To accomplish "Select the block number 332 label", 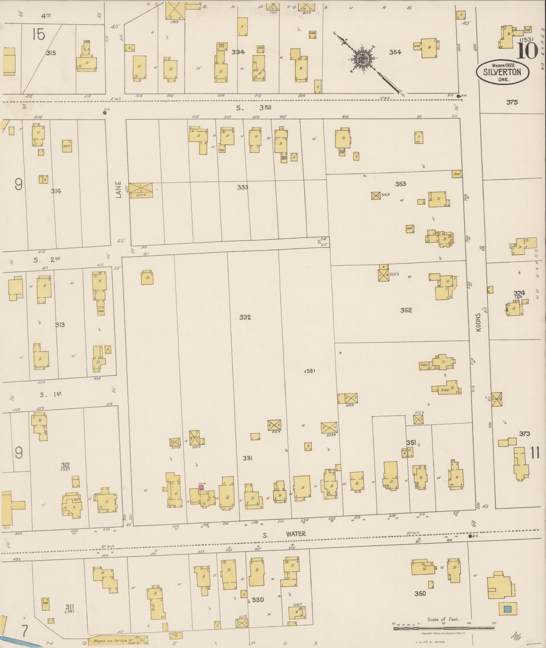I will [245, 317].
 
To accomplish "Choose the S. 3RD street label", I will [254, 108].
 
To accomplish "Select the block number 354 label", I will [395, 52].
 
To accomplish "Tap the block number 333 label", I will [242, 187].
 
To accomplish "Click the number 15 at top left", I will [39, 34].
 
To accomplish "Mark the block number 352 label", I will [406, 310].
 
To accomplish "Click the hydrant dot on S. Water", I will [470, 536].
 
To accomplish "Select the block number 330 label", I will [258, 600].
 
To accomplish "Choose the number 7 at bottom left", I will [24, 631].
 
